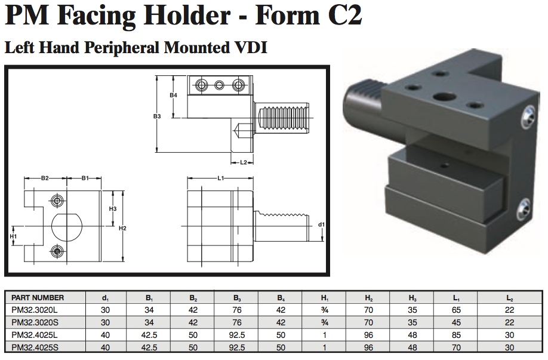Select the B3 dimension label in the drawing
click(x=157, y=116)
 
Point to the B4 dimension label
click(x=173, y=96)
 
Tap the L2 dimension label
click(x=244, y=162)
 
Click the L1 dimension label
click(x=220, y=178)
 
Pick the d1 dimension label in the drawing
click(x=321, y=224)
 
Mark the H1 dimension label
click(x=14, y=236)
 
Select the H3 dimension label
click(x=113, y=208)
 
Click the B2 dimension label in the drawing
click(x=45, y=178)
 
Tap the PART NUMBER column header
click(x=38, y=297)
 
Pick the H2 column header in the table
click(x=370, y=297)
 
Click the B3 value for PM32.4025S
click(x=237, y=347)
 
